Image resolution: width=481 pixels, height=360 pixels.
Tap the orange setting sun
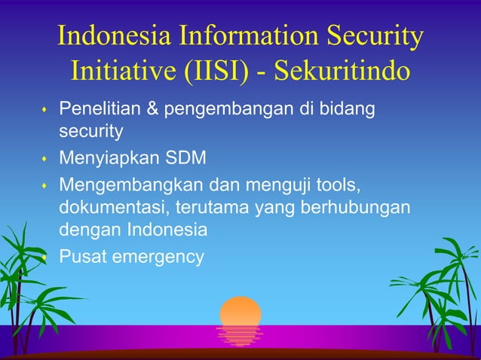240,311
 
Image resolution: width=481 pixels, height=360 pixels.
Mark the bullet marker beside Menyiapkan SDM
44,160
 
